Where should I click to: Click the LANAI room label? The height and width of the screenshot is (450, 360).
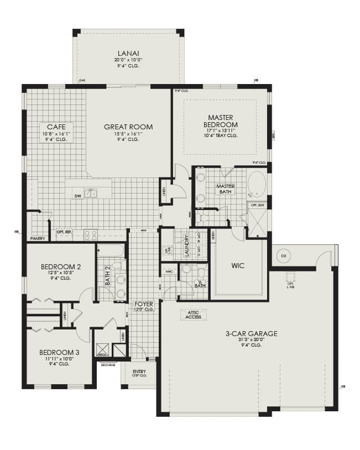click(x=128, y=52)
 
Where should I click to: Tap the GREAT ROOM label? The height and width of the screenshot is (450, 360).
click(x=128, y=127)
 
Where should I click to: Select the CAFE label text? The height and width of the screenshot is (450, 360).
click(x=57, y=126)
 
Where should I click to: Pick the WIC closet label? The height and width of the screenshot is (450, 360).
click(x=238, y=266)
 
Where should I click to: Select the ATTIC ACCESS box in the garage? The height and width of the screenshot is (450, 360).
click(x=193, y=315)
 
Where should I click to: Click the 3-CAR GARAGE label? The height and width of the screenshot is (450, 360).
click(x=251, y=333)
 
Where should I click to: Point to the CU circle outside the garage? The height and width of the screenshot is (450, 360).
click(x=284, y=256)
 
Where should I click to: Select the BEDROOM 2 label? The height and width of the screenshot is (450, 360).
click(x=61, y=267)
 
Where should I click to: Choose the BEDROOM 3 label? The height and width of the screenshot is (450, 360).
click(x=59, y=352)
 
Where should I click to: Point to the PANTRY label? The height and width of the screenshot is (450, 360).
click(x=37, y=238)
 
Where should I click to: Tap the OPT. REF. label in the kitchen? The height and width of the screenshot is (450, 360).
click(x=65, y=232)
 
